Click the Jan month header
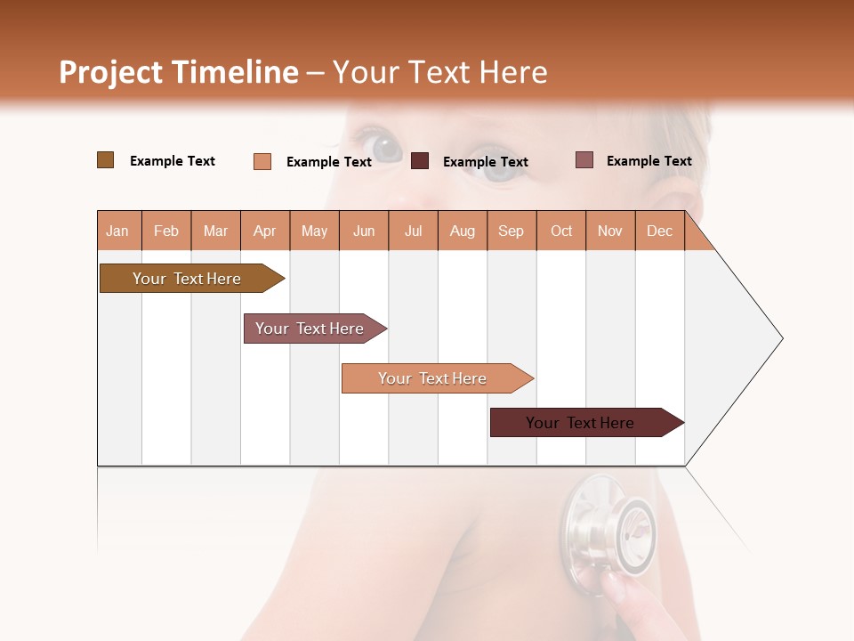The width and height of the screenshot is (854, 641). (117, 231)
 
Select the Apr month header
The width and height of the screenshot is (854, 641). (264, 231)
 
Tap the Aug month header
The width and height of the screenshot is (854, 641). (462, 231)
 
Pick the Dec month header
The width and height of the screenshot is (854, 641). (659, 231)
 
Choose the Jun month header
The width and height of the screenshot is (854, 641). (363, 231)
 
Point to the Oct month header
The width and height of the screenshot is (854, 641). (560, 231)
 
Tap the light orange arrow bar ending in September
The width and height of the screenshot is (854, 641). (434, 378)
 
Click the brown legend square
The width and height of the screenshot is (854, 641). (105, 160)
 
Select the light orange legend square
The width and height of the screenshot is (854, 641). (262, 161)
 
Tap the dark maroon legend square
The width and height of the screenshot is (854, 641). (420, 161)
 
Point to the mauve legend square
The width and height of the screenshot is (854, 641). (584, 160)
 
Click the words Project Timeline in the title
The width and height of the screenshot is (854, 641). (178, 72)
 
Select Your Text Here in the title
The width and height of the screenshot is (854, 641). (439, 72)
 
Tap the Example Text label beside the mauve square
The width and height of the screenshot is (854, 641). (649, 161)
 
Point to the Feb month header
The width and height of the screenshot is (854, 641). (166, 231)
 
